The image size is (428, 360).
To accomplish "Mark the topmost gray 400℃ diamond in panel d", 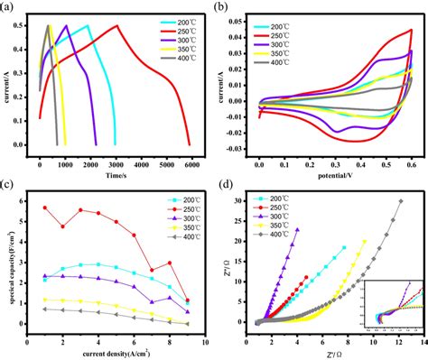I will click(x=401, y=201).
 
